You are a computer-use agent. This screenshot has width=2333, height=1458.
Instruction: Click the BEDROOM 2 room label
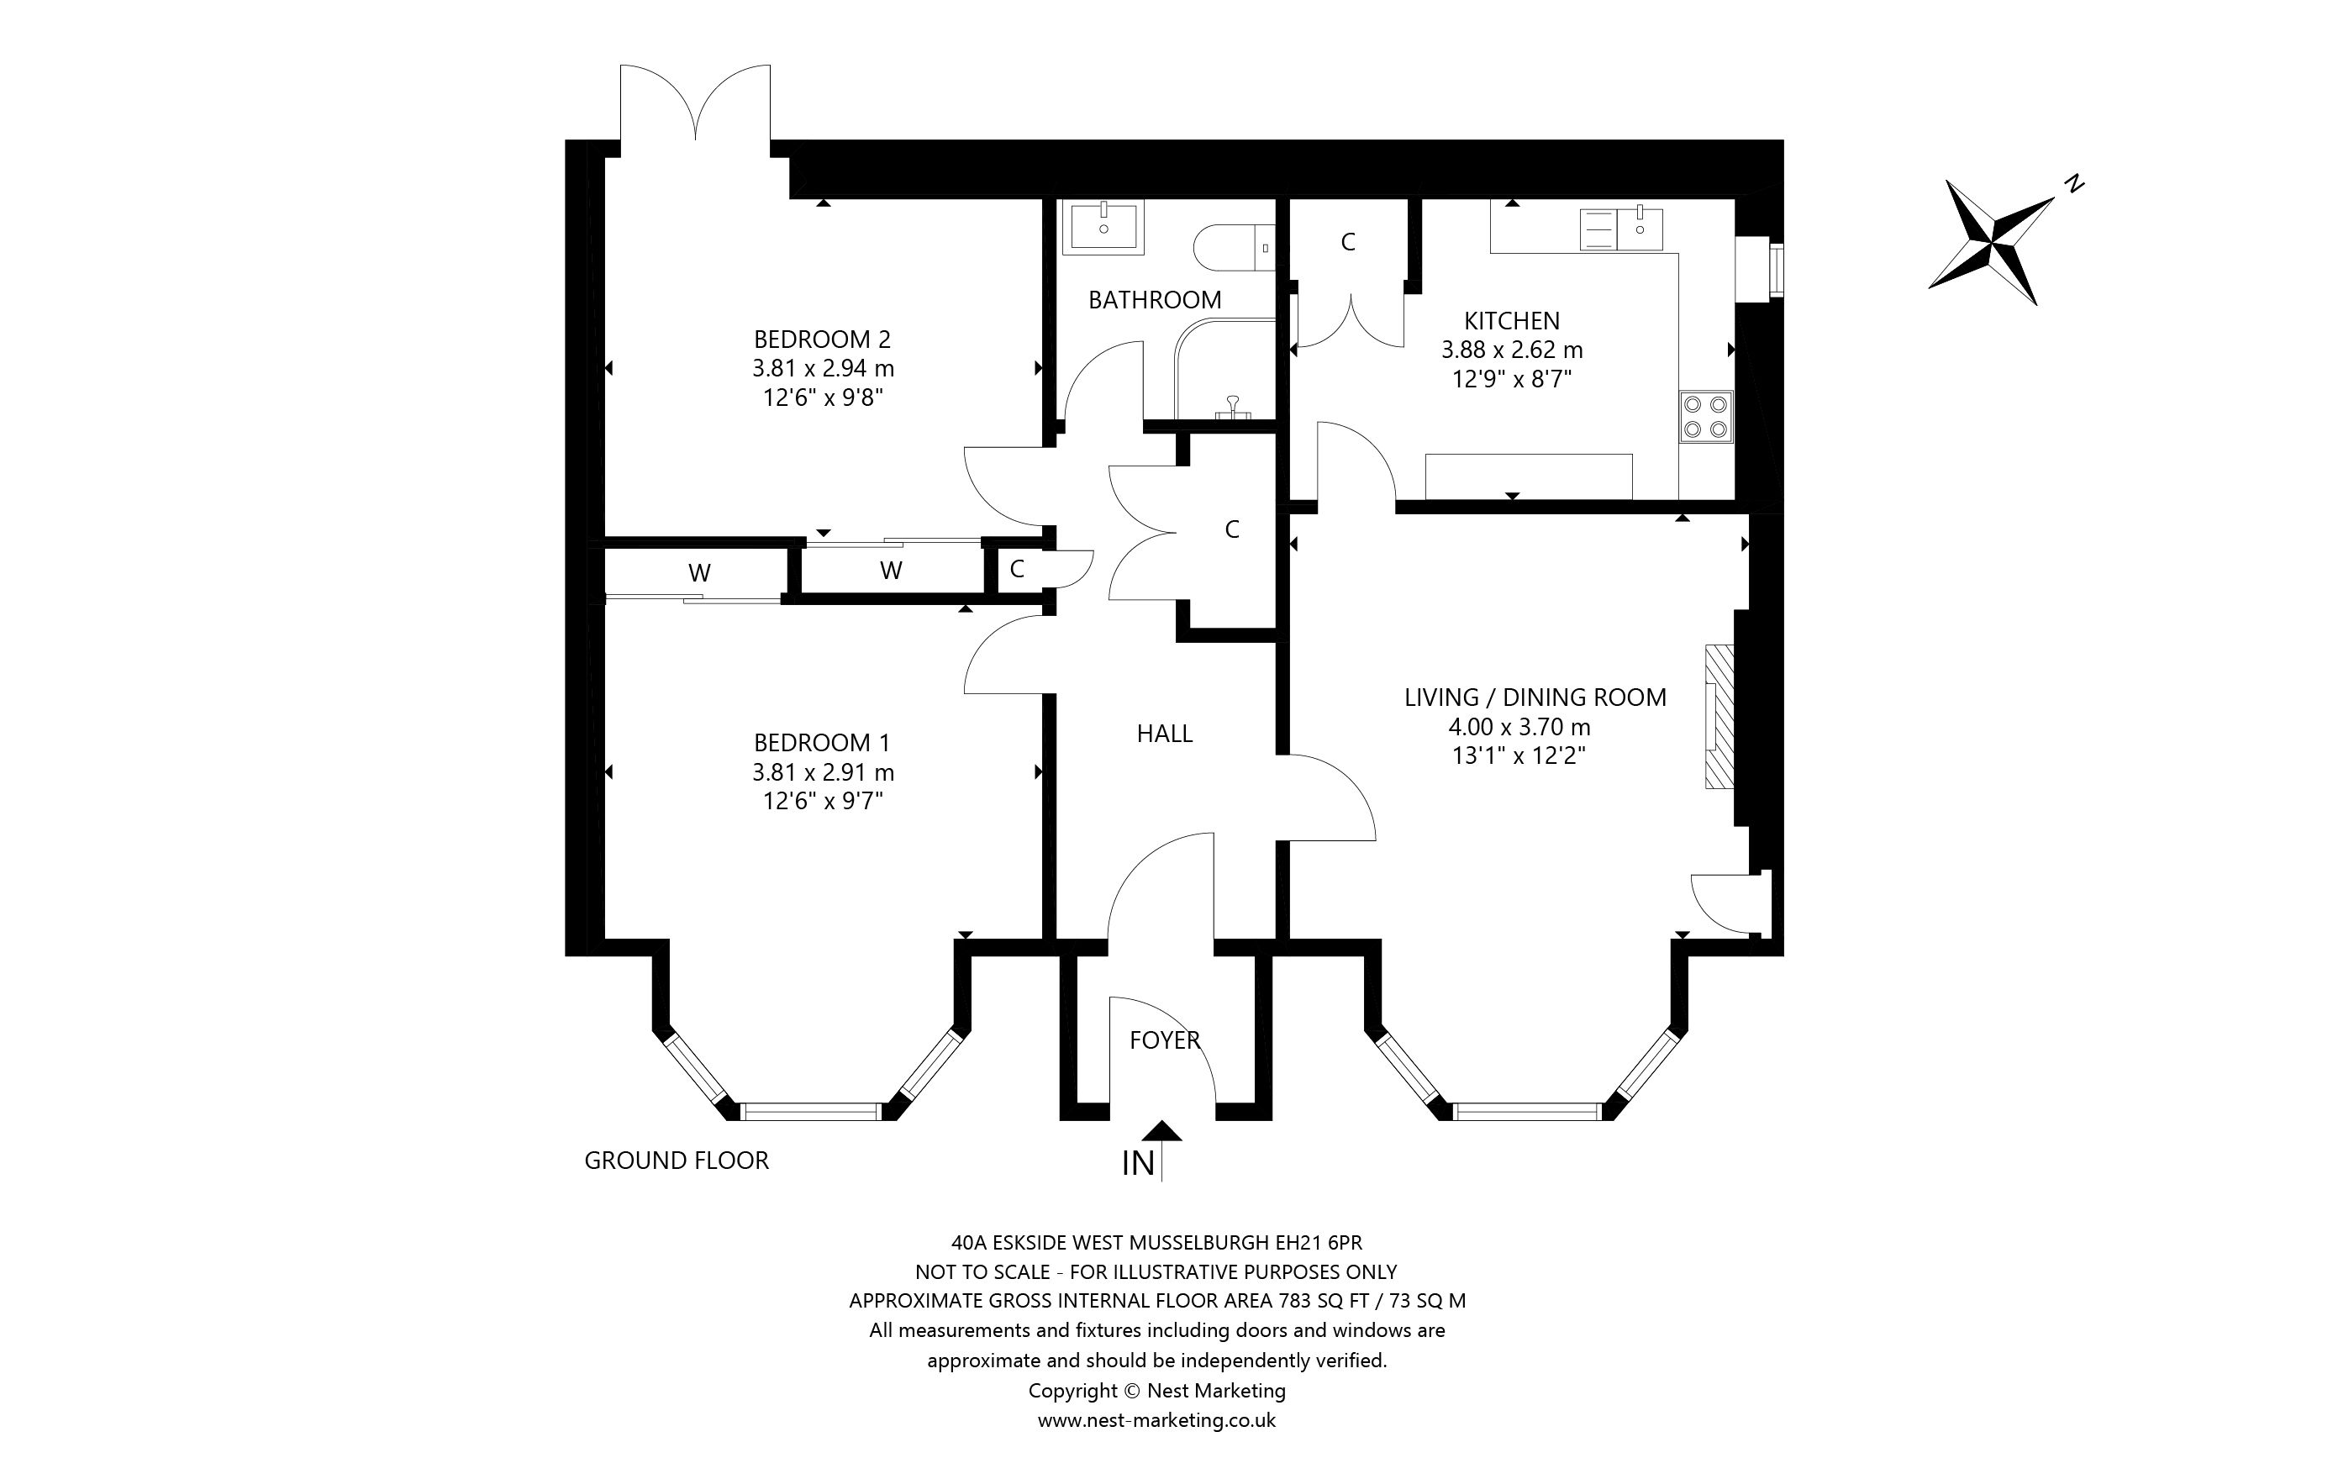pyautogui.click(x=822, y=339)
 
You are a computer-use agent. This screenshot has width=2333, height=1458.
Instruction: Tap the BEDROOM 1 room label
pyautogui.click(x=821, y=743)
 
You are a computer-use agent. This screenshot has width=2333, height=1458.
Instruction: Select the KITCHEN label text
pyautogui.click(x=1512, y=320)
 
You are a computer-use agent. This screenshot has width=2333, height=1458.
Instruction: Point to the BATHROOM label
pyautogui.click(x=1155, y=300)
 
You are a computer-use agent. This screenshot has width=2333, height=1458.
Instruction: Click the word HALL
pyautogui.click(x=1165, y=734)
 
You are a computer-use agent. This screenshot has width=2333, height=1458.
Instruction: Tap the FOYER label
pyautogui.click(x=1165, y=1040)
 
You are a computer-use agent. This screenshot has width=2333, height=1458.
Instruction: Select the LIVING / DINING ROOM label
pyautogui.click(x=1535, y=697)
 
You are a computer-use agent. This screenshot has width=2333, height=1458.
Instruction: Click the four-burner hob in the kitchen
pyautogui.click(x=1705, y=417)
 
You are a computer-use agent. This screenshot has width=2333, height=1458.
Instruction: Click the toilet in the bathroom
pyautogui.click(x=1234, y=249)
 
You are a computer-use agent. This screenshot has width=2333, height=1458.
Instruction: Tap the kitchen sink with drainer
pyautogui.click(x=1621, y=229)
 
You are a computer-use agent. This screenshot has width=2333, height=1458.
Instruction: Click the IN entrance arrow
pyautogui.click(x=1164, y=1150)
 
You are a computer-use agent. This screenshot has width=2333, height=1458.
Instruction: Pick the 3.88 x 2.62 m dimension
pyautogui.click(x=1512, y=350)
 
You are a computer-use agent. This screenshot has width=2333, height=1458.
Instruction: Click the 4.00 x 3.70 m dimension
pyautogui.click(x=1519, y=727)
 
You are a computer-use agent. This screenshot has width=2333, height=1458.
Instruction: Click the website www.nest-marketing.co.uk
pyautogui.click(x=1157, y=1420)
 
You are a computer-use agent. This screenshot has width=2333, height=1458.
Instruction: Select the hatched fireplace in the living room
pyautogui.click(x=1719, y=717)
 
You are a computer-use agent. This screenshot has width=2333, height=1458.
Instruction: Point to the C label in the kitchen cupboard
pyautogui.click(x=1348, y=243)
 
